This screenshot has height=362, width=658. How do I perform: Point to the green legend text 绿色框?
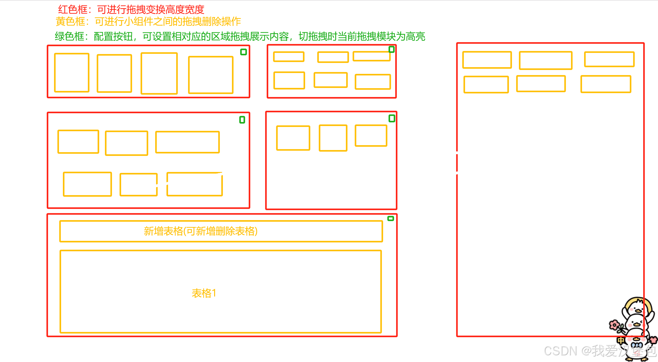pos(69,37)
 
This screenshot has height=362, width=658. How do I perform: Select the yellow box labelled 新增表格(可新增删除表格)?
pos(221,231)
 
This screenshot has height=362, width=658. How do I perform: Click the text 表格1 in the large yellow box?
pos(204,293)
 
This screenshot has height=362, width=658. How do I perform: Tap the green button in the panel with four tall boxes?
pos(243,52)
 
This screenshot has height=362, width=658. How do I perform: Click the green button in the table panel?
pos(391,218)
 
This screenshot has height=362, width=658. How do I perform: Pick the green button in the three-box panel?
pos(392,119)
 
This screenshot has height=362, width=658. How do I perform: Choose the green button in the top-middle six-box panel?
pos(391,49)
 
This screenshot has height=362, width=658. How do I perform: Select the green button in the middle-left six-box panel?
pos(242,120)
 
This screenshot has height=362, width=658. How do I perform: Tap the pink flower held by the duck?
pos(614,325)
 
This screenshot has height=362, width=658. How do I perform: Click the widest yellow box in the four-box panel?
pos(210,75)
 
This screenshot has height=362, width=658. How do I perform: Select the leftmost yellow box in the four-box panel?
pos(72,73)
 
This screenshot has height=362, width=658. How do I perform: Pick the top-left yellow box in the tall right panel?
pos(487,60)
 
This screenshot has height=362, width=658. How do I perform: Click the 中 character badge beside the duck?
pos(621,340)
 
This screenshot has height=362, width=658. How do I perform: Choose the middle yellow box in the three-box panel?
pos(333,138)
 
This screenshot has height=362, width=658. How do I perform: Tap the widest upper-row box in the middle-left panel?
pos(187,142)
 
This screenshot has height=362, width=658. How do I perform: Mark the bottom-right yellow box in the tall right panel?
pos(606,84)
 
